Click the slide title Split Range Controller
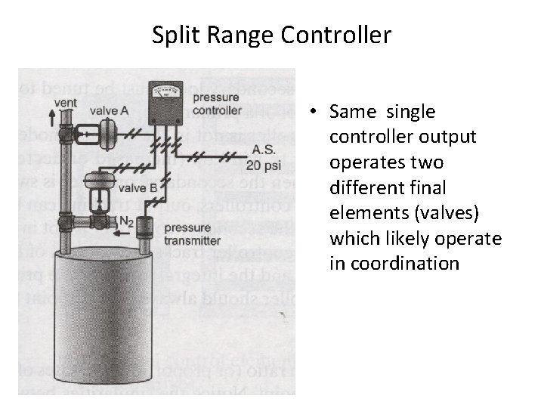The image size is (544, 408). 271,35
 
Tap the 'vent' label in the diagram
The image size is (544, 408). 66,102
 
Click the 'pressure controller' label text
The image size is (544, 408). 218,104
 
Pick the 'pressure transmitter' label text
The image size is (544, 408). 193,233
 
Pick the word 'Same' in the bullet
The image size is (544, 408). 354,113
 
